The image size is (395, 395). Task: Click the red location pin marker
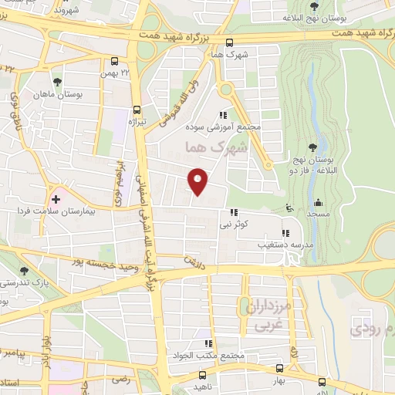pyautogui.click(x=199, y=181)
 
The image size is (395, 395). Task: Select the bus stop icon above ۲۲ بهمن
pyautogui.click(x=115, y=62)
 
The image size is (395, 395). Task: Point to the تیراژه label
pyautogui.click(x=137, y=121)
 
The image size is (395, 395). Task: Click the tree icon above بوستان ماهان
pyautogui.click(x=57, y=81)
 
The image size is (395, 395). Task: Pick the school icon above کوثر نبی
pyautogui.click(x=233, y=214)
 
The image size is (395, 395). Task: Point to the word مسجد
pyautogui.click(x=317, y=213)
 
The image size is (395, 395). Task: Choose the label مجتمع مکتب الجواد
pyautogui.click(x=207, y=356)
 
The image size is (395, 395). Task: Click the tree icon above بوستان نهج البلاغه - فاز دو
pyautogui.click(x=312, y=147)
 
